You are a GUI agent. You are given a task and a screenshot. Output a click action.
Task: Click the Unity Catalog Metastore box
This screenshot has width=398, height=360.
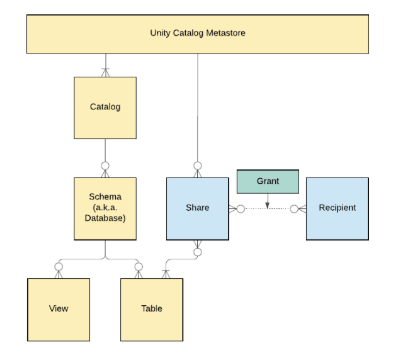[198, 34]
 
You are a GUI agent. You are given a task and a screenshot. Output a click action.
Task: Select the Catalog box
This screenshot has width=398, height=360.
[105, 108]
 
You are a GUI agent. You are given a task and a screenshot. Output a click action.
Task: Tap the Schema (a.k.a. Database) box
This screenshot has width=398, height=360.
[105, 208]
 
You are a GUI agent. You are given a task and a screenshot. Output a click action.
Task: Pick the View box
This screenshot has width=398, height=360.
[59, 310]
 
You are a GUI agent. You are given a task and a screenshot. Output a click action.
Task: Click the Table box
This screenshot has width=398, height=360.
[152, 310]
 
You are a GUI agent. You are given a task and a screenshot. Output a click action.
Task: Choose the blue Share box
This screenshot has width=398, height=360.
[198, 208]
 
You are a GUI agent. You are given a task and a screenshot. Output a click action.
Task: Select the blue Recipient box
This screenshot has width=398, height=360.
[338, 208]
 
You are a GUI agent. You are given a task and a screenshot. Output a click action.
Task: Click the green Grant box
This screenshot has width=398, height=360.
[268, 182]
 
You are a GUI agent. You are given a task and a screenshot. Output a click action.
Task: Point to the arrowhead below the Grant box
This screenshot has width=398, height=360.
[267, 206]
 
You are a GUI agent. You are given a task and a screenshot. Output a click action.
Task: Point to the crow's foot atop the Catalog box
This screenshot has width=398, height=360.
[105, 72]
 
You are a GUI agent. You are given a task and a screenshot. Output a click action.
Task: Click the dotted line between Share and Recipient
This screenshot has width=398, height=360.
[267, 209]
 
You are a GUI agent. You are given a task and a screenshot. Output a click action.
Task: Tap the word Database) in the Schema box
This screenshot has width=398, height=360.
[105, 218]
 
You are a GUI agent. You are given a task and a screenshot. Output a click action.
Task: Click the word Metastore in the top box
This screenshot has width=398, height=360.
[225, 33]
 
